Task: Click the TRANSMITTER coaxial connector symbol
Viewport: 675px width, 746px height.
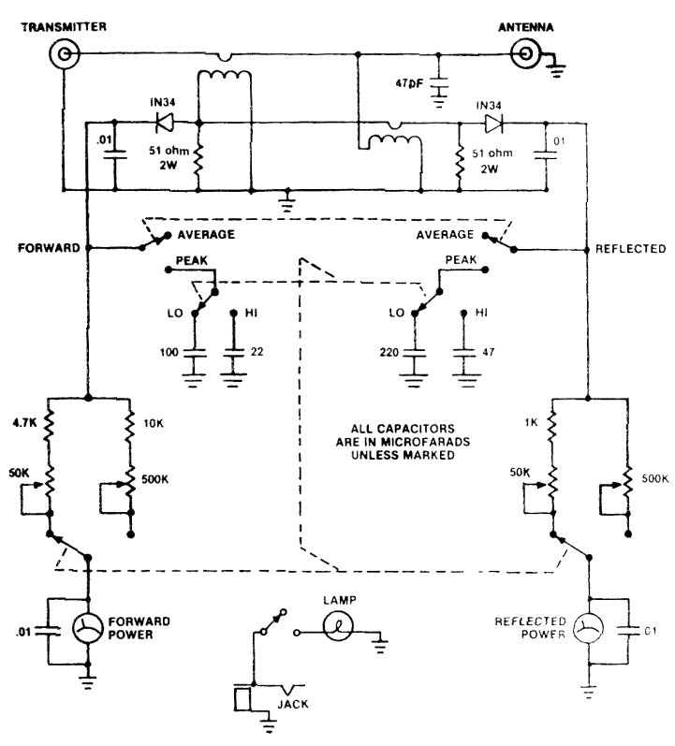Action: pyautogui.click(x=64, y=56)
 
